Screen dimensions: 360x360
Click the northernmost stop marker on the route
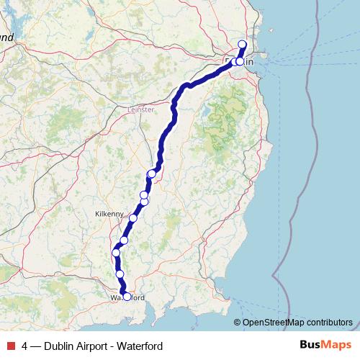coord(242,45)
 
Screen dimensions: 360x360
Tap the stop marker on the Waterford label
coord(127,297)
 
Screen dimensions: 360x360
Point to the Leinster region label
coord(140,109)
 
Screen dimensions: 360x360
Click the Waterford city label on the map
coord(127,297)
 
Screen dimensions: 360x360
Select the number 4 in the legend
coord(24,346)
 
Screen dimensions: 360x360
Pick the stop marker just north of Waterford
coord(120,274)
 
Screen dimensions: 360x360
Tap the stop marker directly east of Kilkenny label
coord(132,217)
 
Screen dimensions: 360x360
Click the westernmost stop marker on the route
coord(116,253)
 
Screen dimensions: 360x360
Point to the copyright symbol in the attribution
coord(238,322)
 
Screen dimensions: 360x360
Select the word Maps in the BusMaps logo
coord(337,345)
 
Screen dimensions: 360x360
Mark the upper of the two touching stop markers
coord(144,195)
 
